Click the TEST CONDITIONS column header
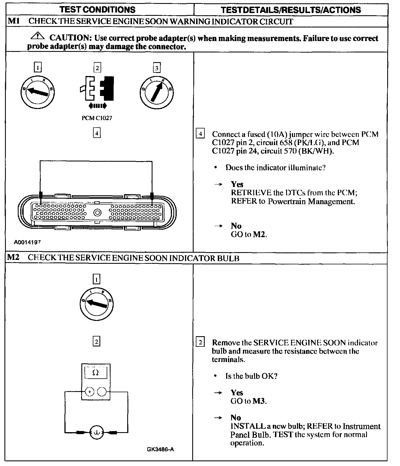[97, 10]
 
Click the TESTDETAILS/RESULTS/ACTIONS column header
[291, 10]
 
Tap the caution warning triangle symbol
[38, 36]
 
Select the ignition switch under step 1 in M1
[38, 92]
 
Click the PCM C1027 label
[97, 118]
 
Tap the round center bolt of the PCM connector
[97, 213]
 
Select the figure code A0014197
[27, 242]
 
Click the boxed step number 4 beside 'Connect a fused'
[200, 134]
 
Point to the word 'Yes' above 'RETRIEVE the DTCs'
[237, 184]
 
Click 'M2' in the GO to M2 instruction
[259, 234]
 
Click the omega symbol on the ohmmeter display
[95, 373]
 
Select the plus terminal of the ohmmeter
[89, 392]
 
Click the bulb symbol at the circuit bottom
[97, 432]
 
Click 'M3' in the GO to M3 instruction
[259, 401]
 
